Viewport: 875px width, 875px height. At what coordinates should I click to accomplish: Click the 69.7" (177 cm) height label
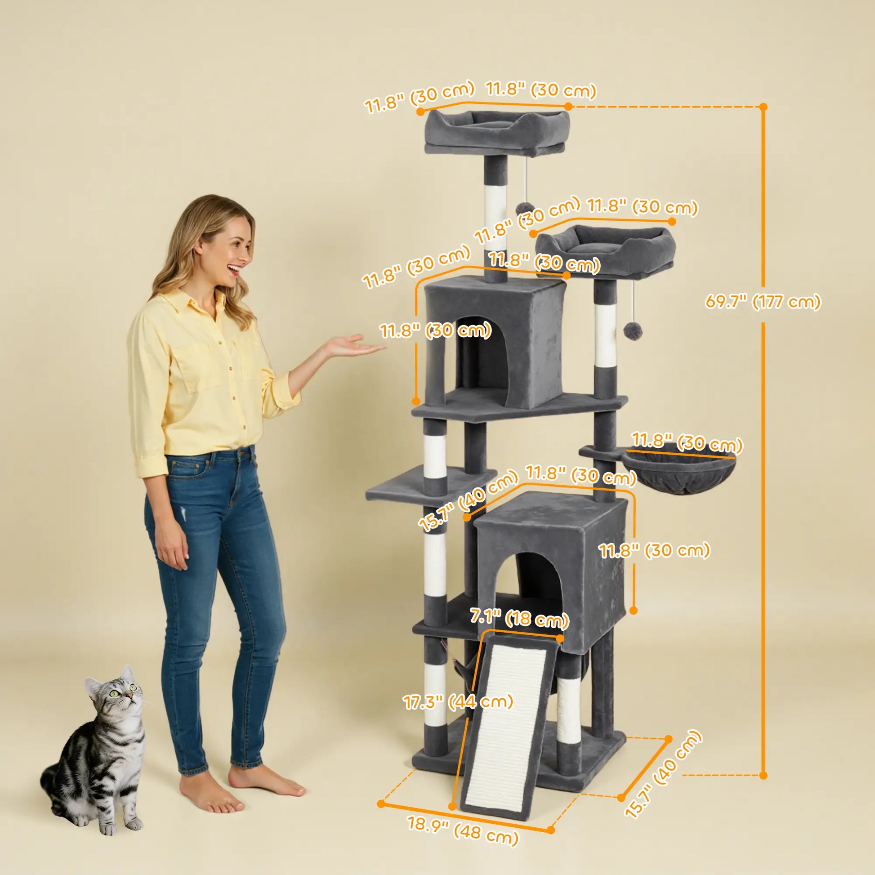coord(763,301)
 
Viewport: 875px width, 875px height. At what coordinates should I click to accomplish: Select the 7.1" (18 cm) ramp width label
coord(519,618)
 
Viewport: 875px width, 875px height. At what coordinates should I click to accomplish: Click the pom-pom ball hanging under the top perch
coord(524,210)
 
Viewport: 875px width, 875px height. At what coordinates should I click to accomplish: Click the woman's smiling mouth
coord(234,269)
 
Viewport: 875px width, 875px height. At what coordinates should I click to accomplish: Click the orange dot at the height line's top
coord(763,107)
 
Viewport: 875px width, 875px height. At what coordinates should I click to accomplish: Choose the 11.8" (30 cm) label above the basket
coord(687,442)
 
